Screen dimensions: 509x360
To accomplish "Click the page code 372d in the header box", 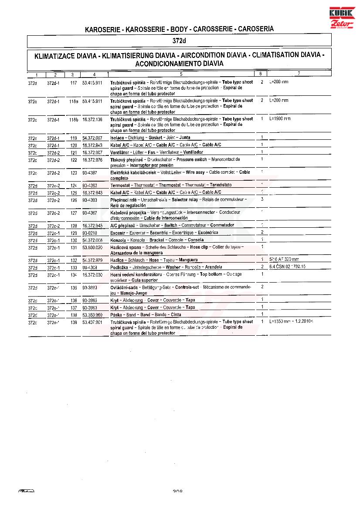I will click(180, 41).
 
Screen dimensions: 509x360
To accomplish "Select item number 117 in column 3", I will click(73, 82).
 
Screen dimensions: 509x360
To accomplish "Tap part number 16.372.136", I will click(92, 119).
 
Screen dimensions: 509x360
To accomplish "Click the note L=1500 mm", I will click(280, 119).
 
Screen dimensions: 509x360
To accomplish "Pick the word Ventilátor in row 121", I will click(120, 152).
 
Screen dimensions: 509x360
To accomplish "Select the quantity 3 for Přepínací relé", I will click(262, 199).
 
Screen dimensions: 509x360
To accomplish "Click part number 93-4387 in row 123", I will click(90, 173).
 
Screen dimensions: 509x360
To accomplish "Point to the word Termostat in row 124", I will click(120, 185).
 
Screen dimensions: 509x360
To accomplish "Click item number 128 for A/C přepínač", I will click(74, 226).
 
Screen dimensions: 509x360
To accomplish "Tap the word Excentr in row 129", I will click(118, 233).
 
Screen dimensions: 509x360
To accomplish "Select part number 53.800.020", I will click(92, 247).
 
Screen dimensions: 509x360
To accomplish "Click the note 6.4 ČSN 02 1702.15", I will click(287, 267).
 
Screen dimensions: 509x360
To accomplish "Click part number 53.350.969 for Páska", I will click(92, 314).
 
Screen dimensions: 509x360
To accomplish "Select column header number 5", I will click(180, 74).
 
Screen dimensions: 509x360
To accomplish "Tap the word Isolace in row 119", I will click(118, 138).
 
